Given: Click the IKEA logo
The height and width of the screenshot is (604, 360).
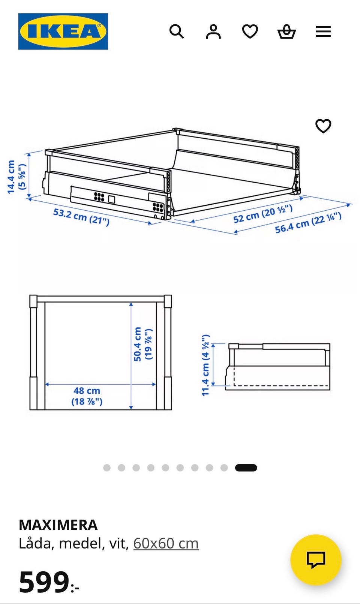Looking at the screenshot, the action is coord(63,31).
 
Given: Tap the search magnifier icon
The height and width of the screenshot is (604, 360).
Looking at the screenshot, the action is coord(176,31).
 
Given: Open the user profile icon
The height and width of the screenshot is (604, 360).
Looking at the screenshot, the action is coord(213,31).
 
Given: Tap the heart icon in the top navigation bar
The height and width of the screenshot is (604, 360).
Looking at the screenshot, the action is coord(250,31).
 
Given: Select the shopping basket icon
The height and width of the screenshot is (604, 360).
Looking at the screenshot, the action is coord(286,31).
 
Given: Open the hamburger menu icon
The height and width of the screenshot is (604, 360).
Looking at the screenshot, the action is coord(323,31).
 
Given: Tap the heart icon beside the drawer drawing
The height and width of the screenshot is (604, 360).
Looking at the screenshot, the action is coord(323,126).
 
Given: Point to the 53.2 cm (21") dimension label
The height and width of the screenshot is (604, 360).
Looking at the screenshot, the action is coord(81,217).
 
